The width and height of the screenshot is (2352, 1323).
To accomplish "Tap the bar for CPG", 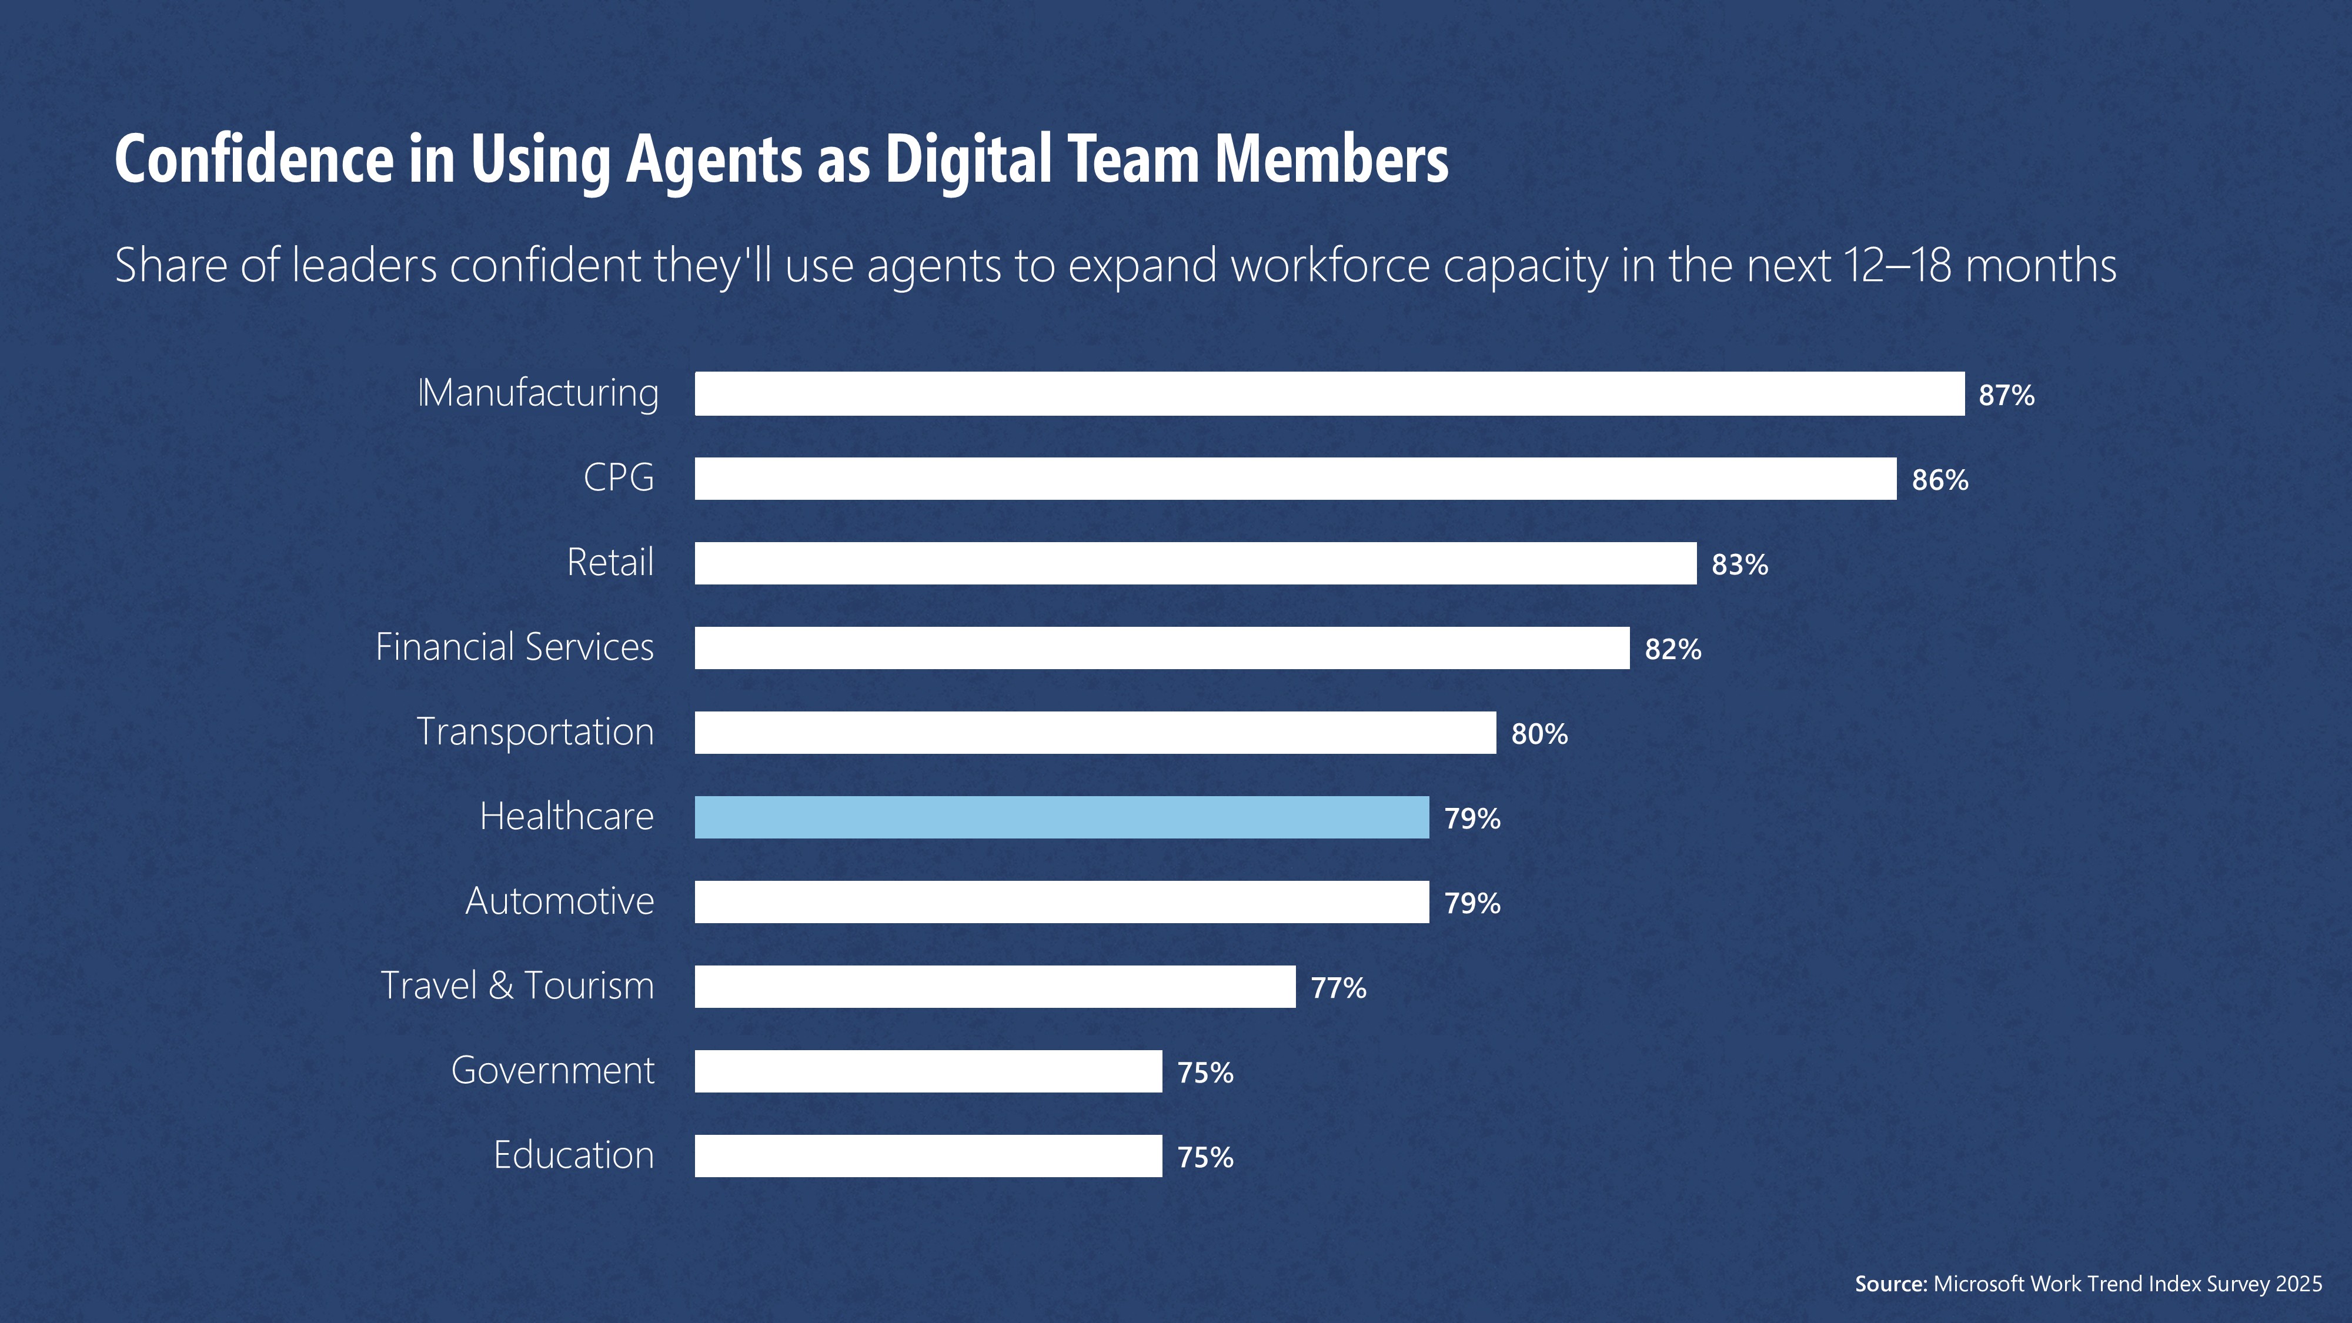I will (x=1295, y=479).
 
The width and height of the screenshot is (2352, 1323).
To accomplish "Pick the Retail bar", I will (x=1195, y=563).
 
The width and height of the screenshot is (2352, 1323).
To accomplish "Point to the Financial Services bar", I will (x=1161, y=647).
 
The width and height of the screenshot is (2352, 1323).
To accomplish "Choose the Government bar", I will (x=928, y=1071).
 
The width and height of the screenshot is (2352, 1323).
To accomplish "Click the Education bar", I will (x=928, y=1156).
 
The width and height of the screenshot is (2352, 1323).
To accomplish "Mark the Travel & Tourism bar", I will (x=994, y=986).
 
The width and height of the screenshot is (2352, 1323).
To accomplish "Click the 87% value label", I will (x=2006, y=395).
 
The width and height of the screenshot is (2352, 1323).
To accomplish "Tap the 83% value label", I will (x=1739, y=565).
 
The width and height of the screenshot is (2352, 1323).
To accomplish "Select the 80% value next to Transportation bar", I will (x=1539, y=734).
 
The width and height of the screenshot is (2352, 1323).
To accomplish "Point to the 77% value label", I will (x=1338, y=988).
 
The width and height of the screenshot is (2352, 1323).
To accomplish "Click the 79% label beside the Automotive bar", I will (x=1472, y=903).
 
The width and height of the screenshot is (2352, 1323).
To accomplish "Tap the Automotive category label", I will (x=560, y=901).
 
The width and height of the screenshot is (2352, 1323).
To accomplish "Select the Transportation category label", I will (x=535, y=732).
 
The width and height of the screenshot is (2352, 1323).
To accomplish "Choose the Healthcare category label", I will (x=566, y=816).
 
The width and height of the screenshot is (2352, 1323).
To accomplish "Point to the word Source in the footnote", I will (x=1890, y=1284).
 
